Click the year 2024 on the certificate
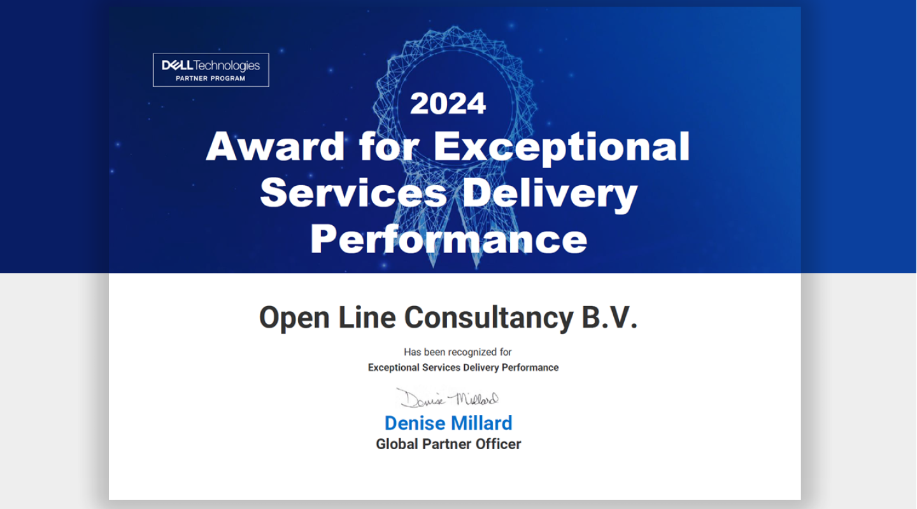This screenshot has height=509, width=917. click(448, 104)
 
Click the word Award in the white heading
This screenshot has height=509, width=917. click(275, 146)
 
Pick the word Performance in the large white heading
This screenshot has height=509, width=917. click(448, 239)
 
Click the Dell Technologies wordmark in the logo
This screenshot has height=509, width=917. click(211, 65)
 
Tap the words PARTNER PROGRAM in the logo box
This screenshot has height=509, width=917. click(211, 78)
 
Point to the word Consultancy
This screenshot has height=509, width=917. click(488, 317)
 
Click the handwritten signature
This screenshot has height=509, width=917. click(448, 399)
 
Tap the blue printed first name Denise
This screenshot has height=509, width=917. click(415, 423)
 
